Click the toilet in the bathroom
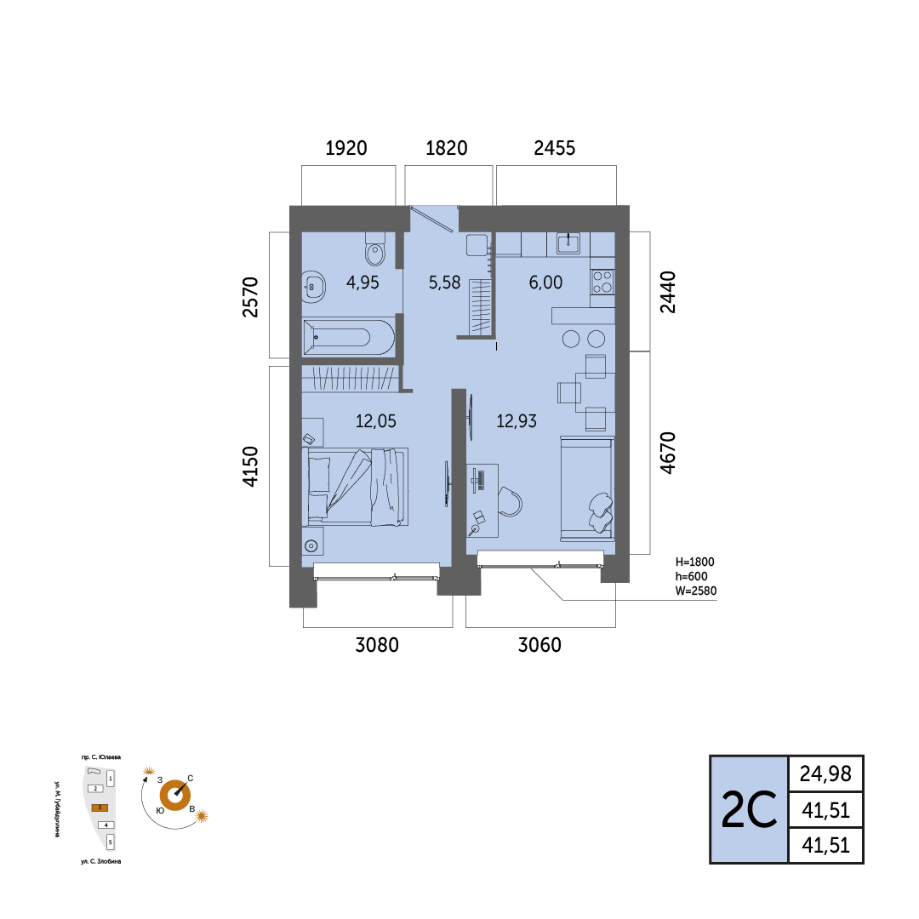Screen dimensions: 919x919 375,249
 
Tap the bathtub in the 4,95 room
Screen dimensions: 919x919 349,338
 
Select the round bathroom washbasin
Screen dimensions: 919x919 313,287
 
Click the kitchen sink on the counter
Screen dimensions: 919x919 568,243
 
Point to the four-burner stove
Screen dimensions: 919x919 602,282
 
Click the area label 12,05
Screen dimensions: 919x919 376,421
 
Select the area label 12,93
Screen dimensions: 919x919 517,421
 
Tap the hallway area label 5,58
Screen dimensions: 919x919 444,283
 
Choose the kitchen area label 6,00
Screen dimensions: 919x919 545,283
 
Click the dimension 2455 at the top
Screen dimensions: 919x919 555,148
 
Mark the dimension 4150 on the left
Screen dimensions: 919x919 250,466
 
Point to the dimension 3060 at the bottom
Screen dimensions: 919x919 539,645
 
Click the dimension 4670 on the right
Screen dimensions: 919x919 668,453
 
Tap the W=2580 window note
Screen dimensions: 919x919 696,591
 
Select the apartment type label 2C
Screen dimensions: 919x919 749,810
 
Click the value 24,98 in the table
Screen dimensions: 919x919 825,773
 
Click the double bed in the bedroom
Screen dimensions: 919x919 358,487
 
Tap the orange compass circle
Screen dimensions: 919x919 174,796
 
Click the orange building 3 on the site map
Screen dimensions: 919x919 100,808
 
